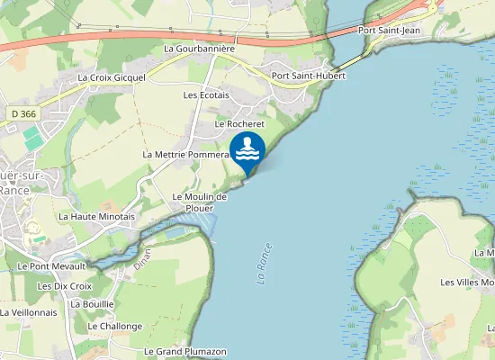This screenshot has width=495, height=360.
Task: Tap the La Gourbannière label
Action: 199,48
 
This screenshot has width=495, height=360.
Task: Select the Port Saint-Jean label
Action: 389,30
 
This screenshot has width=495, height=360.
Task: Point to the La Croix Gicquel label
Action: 112,77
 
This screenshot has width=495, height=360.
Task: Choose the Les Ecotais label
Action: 206,94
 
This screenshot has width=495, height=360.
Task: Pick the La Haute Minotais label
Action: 96,216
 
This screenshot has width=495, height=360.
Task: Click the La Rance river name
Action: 264,264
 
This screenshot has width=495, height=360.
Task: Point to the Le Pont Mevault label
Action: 51,265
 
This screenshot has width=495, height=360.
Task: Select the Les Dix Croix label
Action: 65,285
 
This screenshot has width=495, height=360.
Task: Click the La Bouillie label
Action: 92,304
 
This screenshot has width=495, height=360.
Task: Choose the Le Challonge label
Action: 116,326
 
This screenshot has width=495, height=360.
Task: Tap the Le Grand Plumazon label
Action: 184,351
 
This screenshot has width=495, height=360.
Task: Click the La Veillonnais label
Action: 29,312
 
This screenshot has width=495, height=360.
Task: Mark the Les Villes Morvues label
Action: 467,283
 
